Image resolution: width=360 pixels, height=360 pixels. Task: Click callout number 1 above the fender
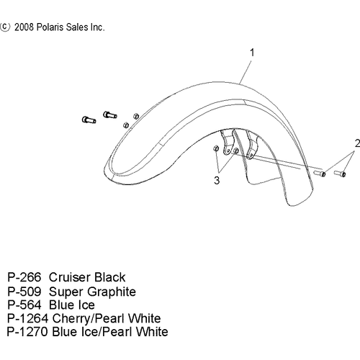point(252,53)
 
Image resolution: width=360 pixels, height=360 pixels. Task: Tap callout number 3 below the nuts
point(217,180)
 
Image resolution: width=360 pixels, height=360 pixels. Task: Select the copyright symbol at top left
point(5,27)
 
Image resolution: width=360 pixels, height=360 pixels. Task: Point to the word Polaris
point(50,27)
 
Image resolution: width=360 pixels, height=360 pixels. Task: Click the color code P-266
point(24,277)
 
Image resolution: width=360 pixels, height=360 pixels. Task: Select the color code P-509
point(24,292)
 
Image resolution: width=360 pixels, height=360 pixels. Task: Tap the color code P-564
point(24,305)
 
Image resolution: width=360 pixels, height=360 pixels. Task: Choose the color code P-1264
point(28,318)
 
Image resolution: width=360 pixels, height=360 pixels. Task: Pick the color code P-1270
point(27,332)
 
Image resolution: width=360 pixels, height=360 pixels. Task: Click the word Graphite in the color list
point(113,292)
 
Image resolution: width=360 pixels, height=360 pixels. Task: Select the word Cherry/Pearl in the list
point(89,319)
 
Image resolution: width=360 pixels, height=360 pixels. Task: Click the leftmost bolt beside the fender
point(89,120)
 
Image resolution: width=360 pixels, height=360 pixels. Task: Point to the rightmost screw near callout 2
point(340,173)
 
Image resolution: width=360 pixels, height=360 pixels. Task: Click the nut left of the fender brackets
point(216,148)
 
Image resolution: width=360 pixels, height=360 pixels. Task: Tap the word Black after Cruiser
point(109,277)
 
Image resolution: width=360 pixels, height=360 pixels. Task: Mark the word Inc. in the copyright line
point(97,27)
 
